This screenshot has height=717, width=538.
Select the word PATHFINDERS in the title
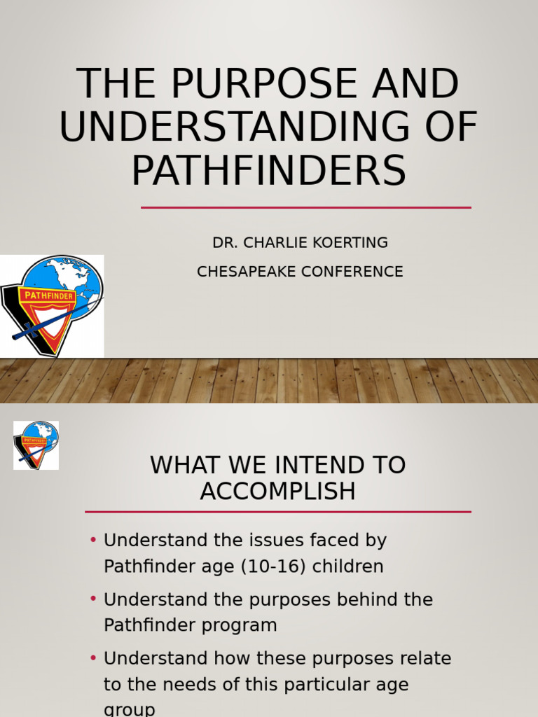(x=269, y=170)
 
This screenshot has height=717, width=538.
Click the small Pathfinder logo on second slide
(x=36, y=445)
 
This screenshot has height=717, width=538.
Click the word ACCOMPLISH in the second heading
(x=278, y=492)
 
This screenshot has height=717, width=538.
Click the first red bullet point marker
(x=94, y=541)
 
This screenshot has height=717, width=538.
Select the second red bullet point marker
(x=94, y=599)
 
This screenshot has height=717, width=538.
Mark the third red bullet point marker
(x=94, y=658)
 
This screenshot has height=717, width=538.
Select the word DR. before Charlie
(x=223, y=243)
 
